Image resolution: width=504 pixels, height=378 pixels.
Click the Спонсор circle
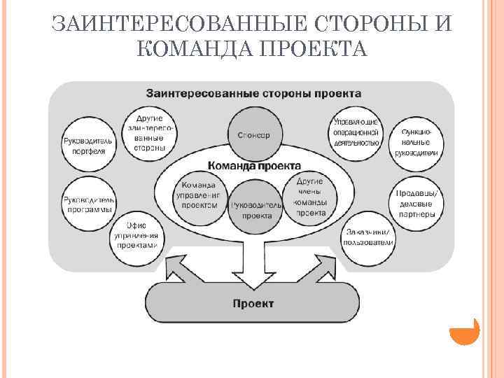250,135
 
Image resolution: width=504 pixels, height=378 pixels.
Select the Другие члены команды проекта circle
310,198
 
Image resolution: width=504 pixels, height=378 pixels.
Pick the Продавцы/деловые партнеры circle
416,203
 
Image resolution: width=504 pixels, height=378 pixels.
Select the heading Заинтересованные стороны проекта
253,92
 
